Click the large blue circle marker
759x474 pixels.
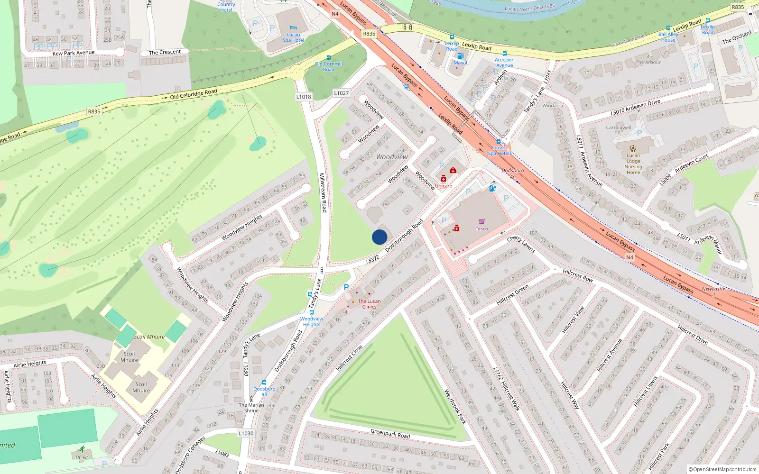(379, 237)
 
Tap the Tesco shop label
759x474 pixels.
(481, 228)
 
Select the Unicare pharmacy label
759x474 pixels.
(444, 186)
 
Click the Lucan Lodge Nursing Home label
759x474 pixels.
(633, 164)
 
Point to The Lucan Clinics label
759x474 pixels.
(369, 304)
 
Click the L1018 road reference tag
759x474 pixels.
(304, 97)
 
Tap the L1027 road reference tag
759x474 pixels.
(341, 93)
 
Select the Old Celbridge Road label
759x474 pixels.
(194, 94)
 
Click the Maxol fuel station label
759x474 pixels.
(460, 63)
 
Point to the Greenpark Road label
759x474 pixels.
(390, 433)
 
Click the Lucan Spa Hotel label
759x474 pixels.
(293, 37)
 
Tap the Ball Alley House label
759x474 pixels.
(668, 37)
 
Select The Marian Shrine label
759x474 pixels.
(251, 408)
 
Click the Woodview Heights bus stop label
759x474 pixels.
(312, 321)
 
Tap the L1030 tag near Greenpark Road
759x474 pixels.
(246, 433)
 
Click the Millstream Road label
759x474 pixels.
(323, 192)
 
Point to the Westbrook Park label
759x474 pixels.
(455, 407)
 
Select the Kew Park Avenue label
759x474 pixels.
(74, 53)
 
